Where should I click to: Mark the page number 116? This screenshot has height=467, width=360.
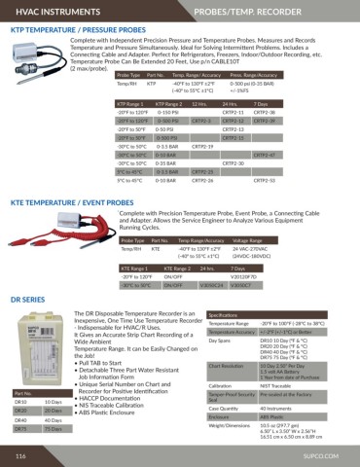click(19, 453)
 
